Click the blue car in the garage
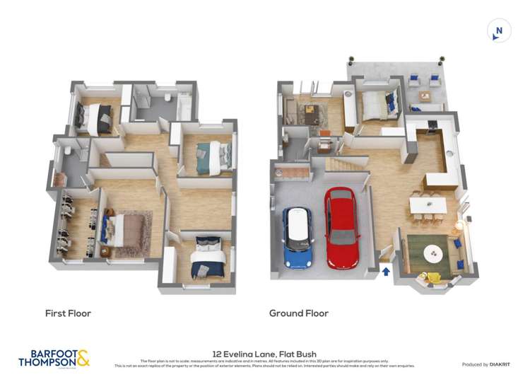(x=297, y=238)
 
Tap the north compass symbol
(x=498, y=30)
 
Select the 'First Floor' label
(x=68, y=313)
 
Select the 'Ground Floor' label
(x=298, y=313)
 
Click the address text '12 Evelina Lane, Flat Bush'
(x=264, y=354)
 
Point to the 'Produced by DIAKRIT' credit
(x=486, y=364)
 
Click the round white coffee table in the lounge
(x=431, y=253)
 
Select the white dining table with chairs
(x=428, y=204)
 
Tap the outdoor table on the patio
(x=425, y=96)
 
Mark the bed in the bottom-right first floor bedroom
(x=211, y=257)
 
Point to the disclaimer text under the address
(x=264, y=364)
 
